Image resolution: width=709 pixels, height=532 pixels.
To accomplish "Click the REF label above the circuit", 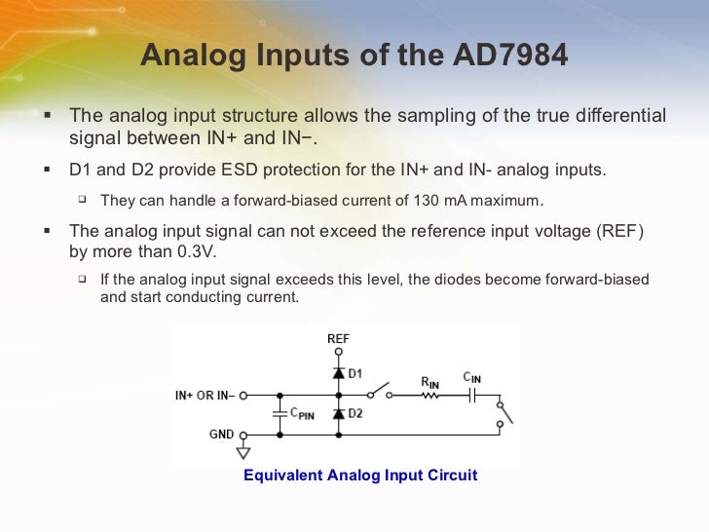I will (338, 339).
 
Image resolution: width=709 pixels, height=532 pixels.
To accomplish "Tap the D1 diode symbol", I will (338, 373).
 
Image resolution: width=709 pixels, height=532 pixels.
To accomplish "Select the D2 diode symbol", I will (338, 414).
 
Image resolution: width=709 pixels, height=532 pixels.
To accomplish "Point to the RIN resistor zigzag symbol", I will (429, 397).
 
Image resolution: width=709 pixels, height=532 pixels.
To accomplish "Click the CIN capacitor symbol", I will (471, 396).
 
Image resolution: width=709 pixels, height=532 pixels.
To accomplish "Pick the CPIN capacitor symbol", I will (280, 414).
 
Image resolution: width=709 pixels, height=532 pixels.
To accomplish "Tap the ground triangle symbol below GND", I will (243, 452).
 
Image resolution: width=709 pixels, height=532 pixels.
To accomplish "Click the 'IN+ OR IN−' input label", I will (205, 397).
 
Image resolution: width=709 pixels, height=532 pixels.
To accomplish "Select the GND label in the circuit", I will (221, 435).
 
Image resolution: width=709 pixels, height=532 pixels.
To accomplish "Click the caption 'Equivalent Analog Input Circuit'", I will (360, 475).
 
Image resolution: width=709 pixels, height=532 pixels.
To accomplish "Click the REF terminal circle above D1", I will (338, 353).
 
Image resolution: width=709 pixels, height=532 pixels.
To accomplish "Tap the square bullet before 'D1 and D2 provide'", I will (47, 170).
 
